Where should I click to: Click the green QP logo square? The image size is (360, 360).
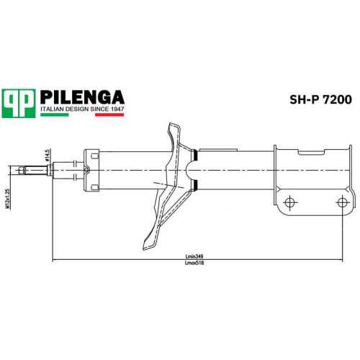click(x=19, y=104)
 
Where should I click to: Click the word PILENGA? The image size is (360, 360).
click(x=82, y=97)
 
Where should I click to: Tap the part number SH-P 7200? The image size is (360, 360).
click(x=320, y=99)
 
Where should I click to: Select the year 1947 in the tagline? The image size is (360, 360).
click(x=117, y=109)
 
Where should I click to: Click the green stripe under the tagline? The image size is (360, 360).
click(x=55, y=114)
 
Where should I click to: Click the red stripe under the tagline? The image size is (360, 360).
click(x=109, y=114)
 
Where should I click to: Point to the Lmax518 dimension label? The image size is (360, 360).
click(x=194, y=263)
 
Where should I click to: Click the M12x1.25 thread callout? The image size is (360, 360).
click(x=8, y=198)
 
